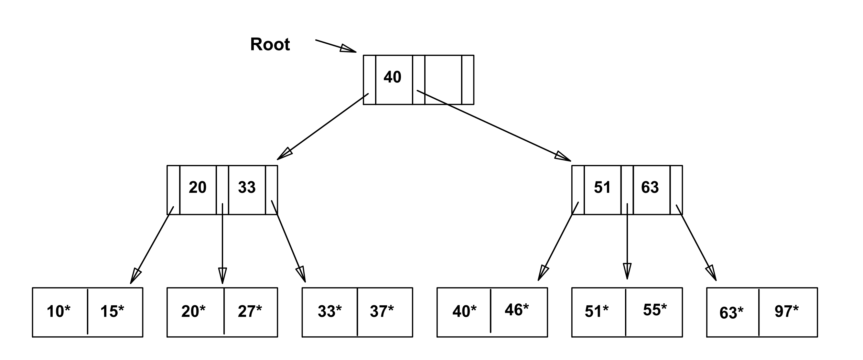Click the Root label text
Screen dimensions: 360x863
click(x=270, y=45)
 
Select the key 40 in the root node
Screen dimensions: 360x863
click(x=392, y=77)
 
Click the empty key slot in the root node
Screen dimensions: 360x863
click(x=443, y=80)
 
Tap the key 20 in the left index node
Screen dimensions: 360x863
click(x=198, y=187)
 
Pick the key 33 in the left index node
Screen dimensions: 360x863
click(x=247, y=187)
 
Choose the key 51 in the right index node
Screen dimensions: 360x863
click(x=602, y=187)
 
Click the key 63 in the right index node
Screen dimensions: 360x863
click(x=650, y=187)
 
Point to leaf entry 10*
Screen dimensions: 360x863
click(x=59, y=311)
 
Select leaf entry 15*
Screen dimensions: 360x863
click(x=112, y=311)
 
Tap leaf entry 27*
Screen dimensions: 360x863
click(x=250, y=311)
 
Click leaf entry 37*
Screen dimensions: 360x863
click(x=382, y=311)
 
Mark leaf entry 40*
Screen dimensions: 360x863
click(x=464, y=311)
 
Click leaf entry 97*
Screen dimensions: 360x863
click(x=787, y=311)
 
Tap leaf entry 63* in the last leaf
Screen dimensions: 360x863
click(x=731, y=313)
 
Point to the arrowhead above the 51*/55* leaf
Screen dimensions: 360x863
click(x=627, y=271)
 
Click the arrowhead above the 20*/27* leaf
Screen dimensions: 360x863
click(x=222, y=276)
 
